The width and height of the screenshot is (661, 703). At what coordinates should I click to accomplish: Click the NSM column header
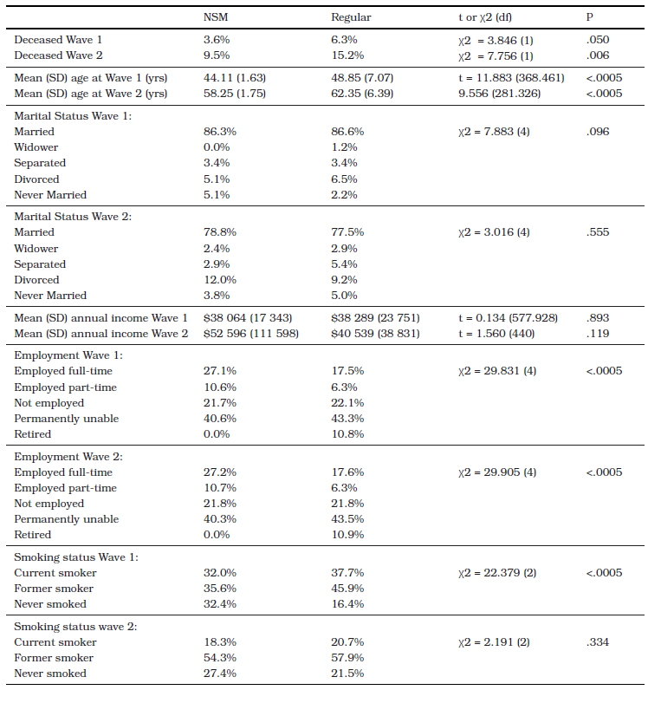(216, 17)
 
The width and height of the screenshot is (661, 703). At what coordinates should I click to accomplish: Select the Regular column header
(351, 17)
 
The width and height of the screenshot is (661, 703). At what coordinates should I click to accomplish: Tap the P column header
(590, 17)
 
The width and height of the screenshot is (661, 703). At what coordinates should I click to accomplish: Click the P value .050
(598, 40)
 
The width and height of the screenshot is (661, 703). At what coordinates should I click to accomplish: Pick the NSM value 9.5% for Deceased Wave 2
(217, 55)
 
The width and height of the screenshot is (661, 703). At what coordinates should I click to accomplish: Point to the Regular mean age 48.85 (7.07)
(362, 78)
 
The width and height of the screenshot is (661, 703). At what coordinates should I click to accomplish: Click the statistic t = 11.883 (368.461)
(511, 78)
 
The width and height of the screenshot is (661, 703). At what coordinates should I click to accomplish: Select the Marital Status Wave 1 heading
(73, 116)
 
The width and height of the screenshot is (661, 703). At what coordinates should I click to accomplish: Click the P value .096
(598, 132)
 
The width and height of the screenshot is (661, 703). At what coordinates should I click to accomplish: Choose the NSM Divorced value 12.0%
(219, 280)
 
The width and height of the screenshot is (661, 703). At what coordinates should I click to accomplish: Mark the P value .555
(598, 232)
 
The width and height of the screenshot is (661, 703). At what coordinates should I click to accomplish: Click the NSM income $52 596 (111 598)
(251, 334)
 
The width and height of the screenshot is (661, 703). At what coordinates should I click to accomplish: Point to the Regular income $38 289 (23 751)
(375, 318)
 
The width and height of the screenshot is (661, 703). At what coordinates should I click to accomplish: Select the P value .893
(598, 318)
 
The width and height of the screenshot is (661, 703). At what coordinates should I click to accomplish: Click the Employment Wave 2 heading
(68, 457)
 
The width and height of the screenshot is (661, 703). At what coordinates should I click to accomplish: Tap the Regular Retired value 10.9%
(347, 535)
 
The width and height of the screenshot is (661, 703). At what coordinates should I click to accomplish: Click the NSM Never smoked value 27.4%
(219, 674)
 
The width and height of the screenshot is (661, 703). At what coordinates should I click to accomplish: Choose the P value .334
(598, 642)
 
